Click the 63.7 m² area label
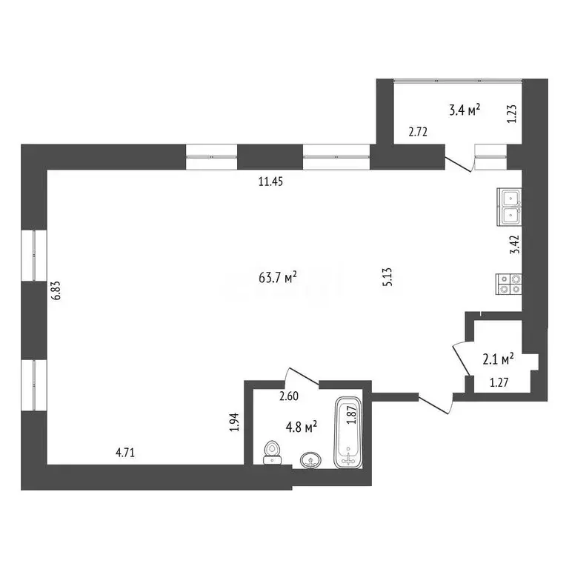278,278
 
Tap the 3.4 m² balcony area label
465,111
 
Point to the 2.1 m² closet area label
498,360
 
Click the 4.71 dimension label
127,449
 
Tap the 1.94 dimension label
235,422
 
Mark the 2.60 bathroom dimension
290,396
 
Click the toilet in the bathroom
272,451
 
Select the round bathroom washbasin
310,461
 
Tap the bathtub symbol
347,433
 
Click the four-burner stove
510,284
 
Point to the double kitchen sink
510,207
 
